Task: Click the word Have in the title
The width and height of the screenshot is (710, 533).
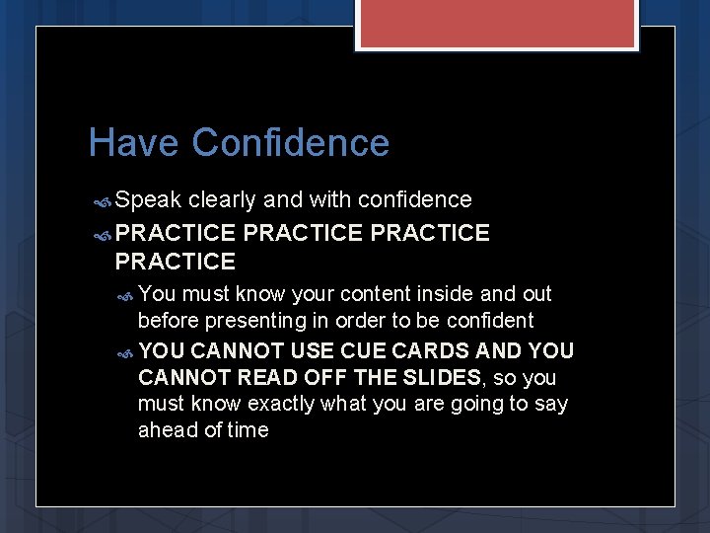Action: click(134, 143)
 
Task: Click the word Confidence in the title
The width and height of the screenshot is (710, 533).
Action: click(291, 143)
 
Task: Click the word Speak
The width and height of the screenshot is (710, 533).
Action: click(148, 200)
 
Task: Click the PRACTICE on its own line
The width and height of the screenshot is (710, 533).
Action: click(176, 262)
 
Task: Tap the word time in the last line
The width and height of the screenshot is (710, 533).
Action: click(248, 430)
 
